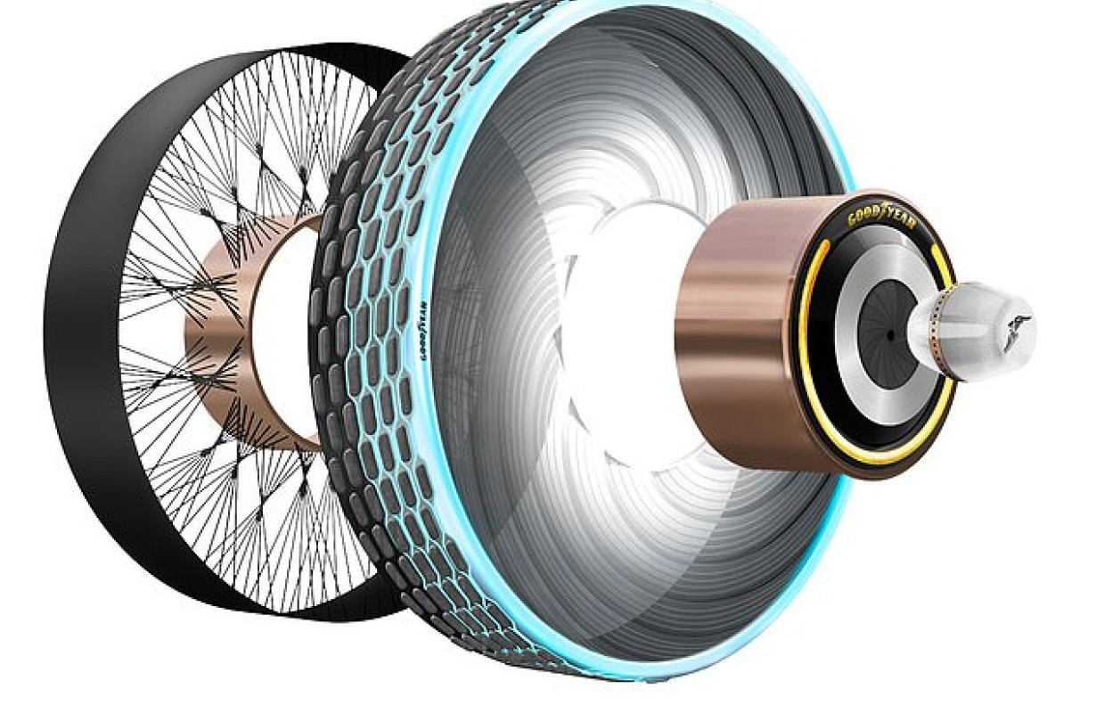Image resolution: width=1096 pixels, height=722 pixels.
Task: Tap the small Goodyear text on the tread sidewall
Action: (424, 332)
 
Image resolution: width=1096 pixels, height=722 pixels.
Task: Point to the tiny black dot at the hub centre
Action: (891, 335)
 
